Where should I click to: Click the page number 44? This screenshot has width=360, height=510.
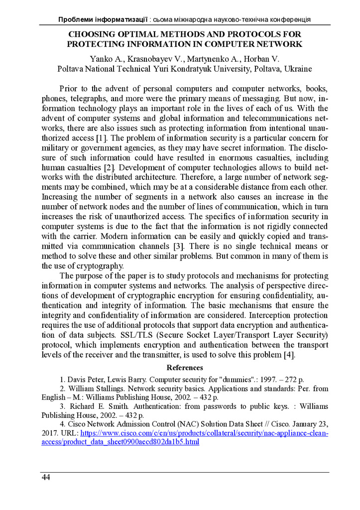pos(46,478)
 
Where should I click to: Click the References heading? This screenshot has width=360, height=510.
pos(185,368)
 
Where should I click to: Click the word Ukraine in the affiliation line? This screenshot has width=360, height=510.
pos(298,68)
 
